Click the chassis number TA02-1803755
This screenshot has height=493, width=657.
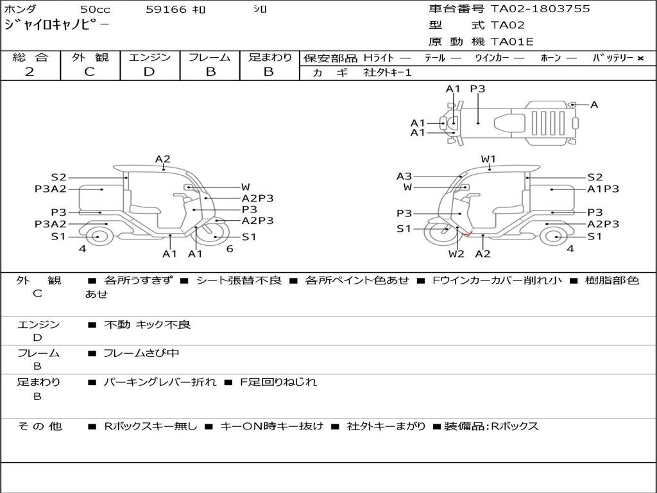pyautogui.click(x=540, y=9)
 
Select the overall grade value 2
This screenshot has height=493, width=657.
pyautogui.click(x=30, y=72)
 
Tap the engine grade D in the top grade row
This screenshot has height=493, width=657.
pyautogui.click(x=149, y=72)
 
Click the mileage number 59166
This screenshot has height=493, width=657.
pyautogui.click(x=166, y=9)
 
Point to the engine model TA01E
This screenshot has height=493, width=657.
pyautogui.click(x=512, y=42)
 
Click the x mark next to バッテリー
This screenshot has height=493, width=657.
pyautogui.click(x=640, y=58)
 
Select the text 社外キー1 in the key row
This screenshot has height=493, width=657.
pyautogui.click(x=388, y=73)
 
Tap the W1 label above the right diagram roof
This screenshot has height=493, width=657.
pyautogui.click(x=488, y=159)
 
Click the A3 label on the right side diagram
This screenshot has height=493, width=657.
pyautogui.click(x=404, y=177)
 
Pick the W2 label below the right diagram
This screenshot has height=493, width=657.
pyautogui.click(x=456, y=254)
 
